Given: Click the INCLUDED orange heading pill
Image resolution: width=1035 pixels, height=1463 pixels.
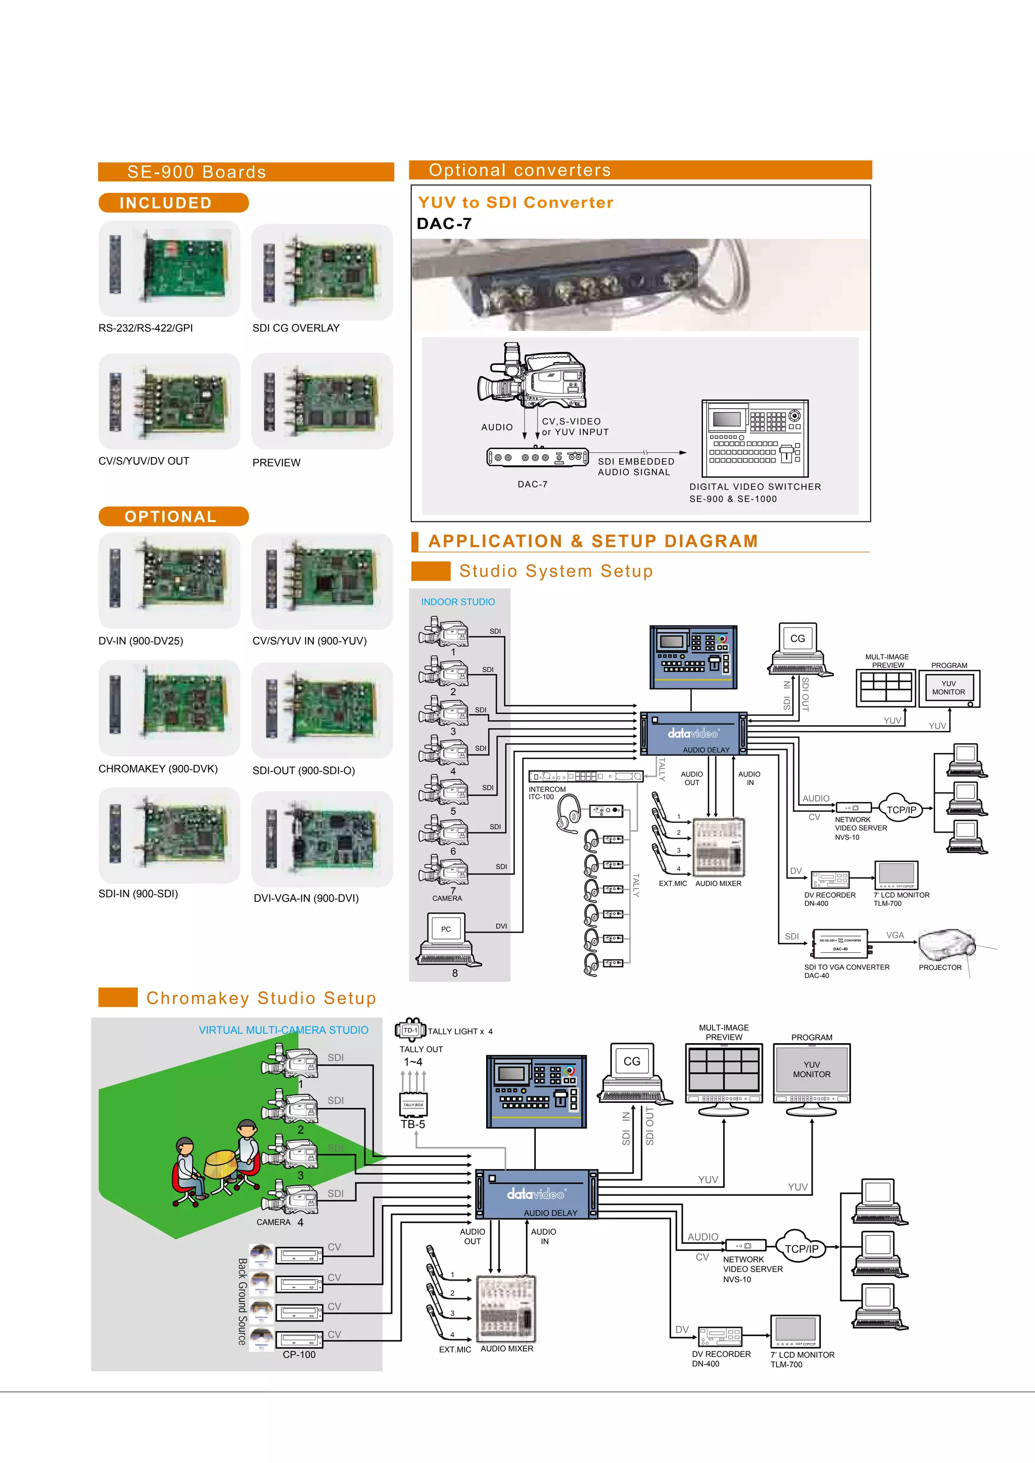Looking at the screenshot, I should pos(173,203).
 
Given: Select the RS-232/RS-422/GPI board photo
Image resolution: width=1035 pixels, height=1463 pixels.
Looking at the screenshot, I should pos(169,268).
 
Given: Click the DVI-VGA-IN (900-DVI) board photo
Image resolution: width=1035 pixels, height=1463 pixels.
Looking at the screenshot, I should pos(322,839).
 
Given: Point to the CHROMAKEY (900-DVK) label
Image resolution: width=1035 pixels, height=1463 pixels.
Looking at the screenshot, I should pos(157,769).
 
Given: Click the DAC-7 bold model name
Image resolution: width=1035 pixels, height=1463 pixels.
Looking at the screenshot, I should pos(444,224).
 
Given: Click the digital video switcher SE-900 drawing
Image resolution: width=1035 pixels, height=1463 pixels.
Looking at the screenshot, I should pos(755,438).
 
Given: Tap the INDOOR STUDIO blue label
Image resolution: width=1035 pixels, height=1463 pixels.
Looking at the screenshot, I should pos(457,602).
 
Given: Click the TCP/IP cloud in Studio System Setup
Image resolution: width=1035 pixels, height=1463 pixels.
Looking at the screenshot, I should pos(901,809).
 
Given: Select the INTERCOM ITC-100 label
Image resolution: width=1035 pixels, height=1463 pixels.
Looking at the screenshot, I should pos(546,793).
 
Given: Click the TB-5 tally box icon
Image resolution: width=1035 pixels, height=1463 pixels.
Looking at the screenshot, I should pos(413,1105).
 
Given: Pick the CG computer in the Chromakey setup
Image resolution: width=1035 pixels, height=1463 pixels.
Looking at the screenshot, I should pos(632,1073).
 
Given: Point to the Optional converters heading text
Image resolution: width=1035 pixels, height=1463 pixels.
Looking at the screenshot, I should pos(520,170).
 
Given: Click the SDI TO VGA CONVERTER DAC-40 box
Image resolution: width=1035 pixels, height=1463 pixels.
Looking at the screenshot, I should pos(840,944).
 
